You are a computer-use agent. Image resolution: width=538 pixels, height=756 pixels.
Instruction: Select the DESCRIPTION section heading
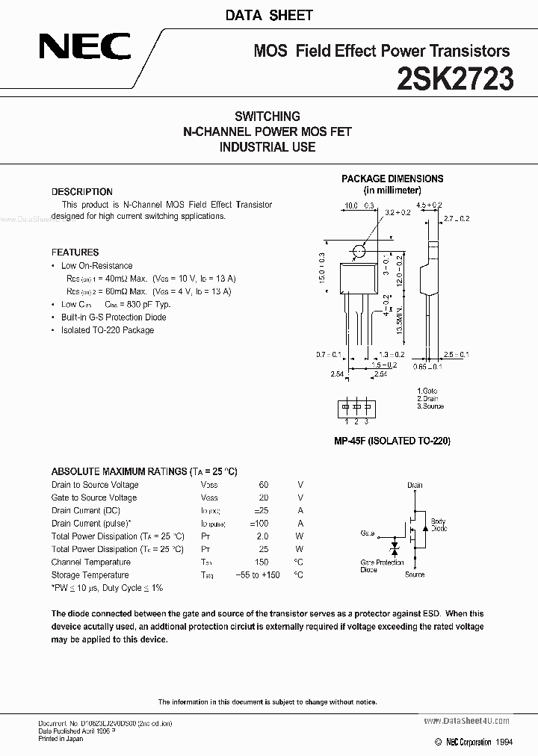pos(82,192)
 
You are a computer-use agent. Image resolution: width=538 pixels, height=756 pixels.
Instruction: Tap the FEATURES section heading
pos(75,252)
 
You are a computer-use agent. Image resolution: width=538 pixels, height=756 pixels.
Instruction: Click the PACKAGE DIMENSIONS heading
pos(392,179)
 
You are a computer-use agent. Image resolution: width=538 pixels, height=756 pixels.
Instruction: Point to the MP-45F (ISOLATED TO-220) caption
pos(392,441)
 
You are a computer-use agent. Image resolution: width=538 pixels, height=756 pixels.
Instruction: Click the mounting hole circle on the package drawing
pos(359,252)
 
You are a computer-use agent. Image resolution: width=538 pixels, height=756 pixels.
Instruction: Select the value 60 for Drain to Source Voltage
pos(263,485)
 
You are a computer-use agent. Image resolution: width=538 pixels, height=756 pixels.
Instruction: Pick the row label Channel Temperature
pos(91,562)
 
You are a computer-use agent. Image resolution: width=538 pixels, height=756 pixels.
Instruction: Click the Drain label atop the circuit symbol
pos(415,485)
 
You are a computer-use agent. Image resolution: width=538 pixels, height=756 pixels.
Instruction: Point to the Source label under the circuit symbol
pos(415,574)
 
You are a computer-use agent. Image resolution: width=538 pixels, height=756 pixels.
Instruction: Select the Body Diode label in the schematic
pos(439,524)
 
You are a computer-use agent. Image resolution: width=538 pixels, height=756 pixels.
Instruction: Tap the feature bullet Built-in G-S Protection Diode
pos(114,317)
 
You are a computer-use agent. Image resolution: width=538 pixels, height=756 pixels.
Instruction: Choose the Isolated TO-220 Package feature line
pos(108,329)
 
